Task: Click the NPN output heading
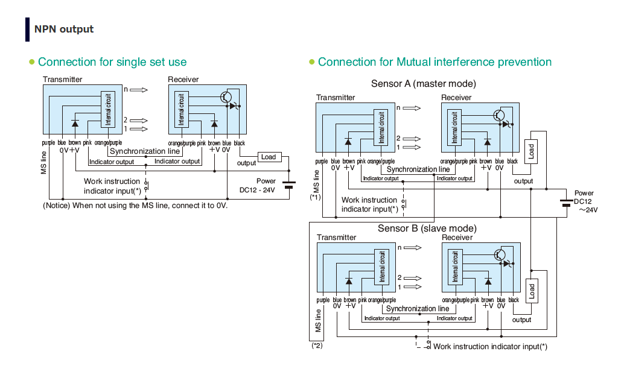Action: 63,29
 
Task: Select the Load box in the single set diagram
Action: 269,157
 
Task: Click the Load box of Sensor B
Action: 531,292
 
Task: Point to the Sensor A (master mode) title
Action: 423,83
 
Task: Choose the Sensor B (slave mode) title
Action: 427,229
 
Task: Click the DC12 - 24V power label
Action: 257,190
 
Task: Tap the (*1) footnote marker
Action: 316,197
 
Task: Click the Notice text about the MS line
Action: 135,206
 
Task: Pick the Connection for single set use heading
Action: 112,62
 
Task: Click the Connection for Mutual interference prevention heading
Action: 435,62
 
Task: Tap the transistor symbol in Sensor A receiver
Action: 498,115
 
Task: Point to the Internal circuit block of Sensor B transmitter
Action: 381,265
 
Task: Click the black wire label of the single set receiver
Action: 239,143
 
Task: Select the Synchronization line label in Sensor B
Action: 418,309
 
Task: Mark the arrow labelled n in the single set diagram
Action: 138,90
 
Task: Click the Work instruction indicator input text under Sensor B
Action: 490,347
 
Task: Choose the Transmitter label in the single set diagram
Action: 63,80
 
